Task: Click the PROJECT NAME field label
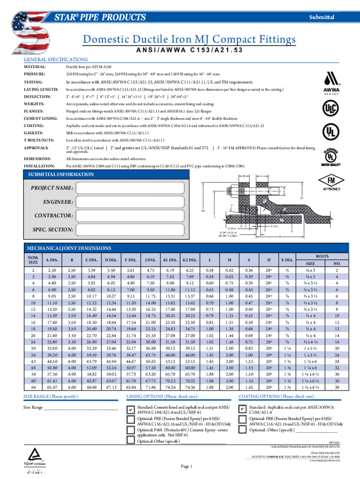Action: click(x=52, y=188)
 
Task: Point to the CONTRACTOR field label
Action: click(x=52, y=216)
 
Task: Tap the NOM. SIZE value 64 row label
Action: click(x=33, y=387)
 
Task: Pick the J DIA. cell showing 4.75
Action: click(x=151, y=270)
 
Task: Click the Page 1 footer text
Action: click(x=186, y=466)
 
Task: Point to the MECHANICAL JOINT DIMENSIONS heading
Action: click(x=69, y=247)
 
